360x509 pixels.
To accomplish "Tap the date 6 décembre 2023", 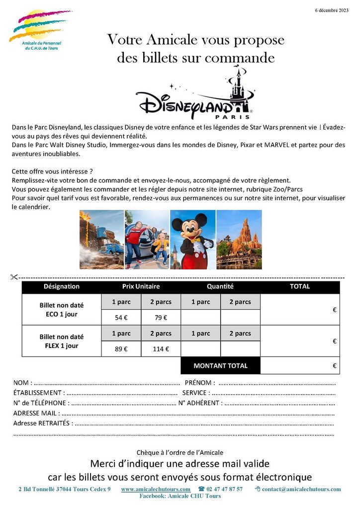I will [332, 10].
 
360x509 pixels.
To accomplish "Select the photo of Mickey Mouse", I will [193, 240].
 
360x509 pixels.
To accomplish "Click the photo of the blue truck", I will [101, 240].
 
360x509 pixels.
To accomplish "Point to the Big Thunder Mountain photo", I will [239, 240].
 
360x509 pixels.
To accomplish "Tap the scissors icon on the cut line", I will [13, 277].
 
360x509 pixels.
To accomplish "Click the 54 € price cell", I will [121, 318].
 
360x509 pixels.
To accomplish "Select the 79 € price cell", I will [161, 318].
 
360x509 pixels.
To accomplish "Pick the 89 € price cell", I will [121, 349].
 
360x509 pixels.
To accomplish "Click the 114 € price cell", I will [161, 349].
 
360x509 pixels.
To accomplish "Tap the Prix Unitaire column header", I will [141, 286].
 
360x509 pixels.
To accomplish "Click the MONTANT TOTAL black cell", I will [220, 366].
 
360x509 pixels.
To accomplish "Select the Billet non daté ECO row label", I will [62, 310].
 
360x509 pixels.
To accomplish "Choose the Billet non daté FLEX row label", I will [62, 341].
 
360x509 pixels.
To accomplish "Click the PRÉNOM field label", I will [200, 383].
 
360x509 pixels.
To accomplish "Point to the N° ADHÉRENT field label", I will [200, 403].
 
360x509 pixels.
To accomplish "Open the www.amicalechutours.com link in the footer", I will [156, 489].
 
